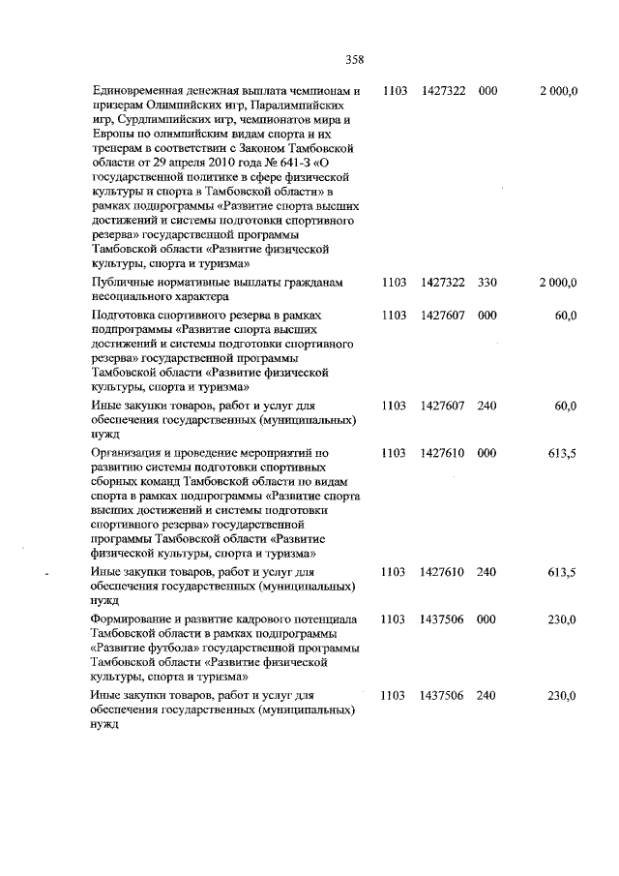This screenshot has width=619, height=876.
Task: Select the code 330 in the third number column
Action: click(486, 282)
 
